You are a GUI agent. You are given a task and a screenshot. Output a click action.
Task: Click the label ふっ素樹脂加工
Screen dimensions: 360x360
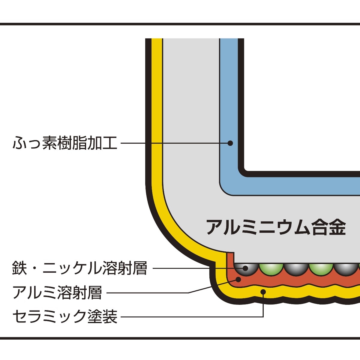(65, 143)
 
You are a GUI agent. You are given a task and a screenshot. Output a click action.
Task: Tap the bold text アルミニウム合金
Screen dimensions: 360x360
(276, 227)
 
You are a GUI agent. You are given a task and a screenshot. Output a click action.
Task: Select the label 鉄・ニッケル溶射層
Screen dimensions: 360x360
(79, 268)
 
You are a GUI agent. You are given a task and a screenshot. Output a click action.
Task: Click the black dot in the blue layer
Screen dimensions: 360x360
(230, 143)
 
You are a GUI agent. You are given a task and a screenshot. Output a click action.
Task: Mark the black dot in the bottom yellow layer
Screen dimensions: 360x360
(263, 291)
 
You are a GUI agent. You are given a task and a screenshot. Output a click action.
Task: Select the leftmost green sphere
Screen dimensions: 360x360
(271, 268)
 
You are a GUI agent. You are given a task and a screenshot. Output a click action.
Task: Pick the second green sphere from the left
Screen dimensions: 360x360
(320, 268)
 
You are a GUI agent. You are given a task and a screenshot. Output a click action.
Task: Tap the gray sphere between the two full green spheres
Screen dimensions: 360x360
(295, 268)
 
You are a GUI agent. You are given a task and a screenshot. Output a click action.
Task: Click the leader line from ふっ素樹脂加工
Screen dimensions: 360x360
(174, 143)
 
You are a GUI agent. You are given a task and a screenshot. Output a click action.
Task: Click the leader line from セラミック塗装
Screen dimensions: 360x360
(192, 316)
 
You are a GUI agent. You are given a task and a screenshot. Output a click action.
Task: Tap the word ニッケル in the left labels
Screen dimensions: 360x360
(72, 268)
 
